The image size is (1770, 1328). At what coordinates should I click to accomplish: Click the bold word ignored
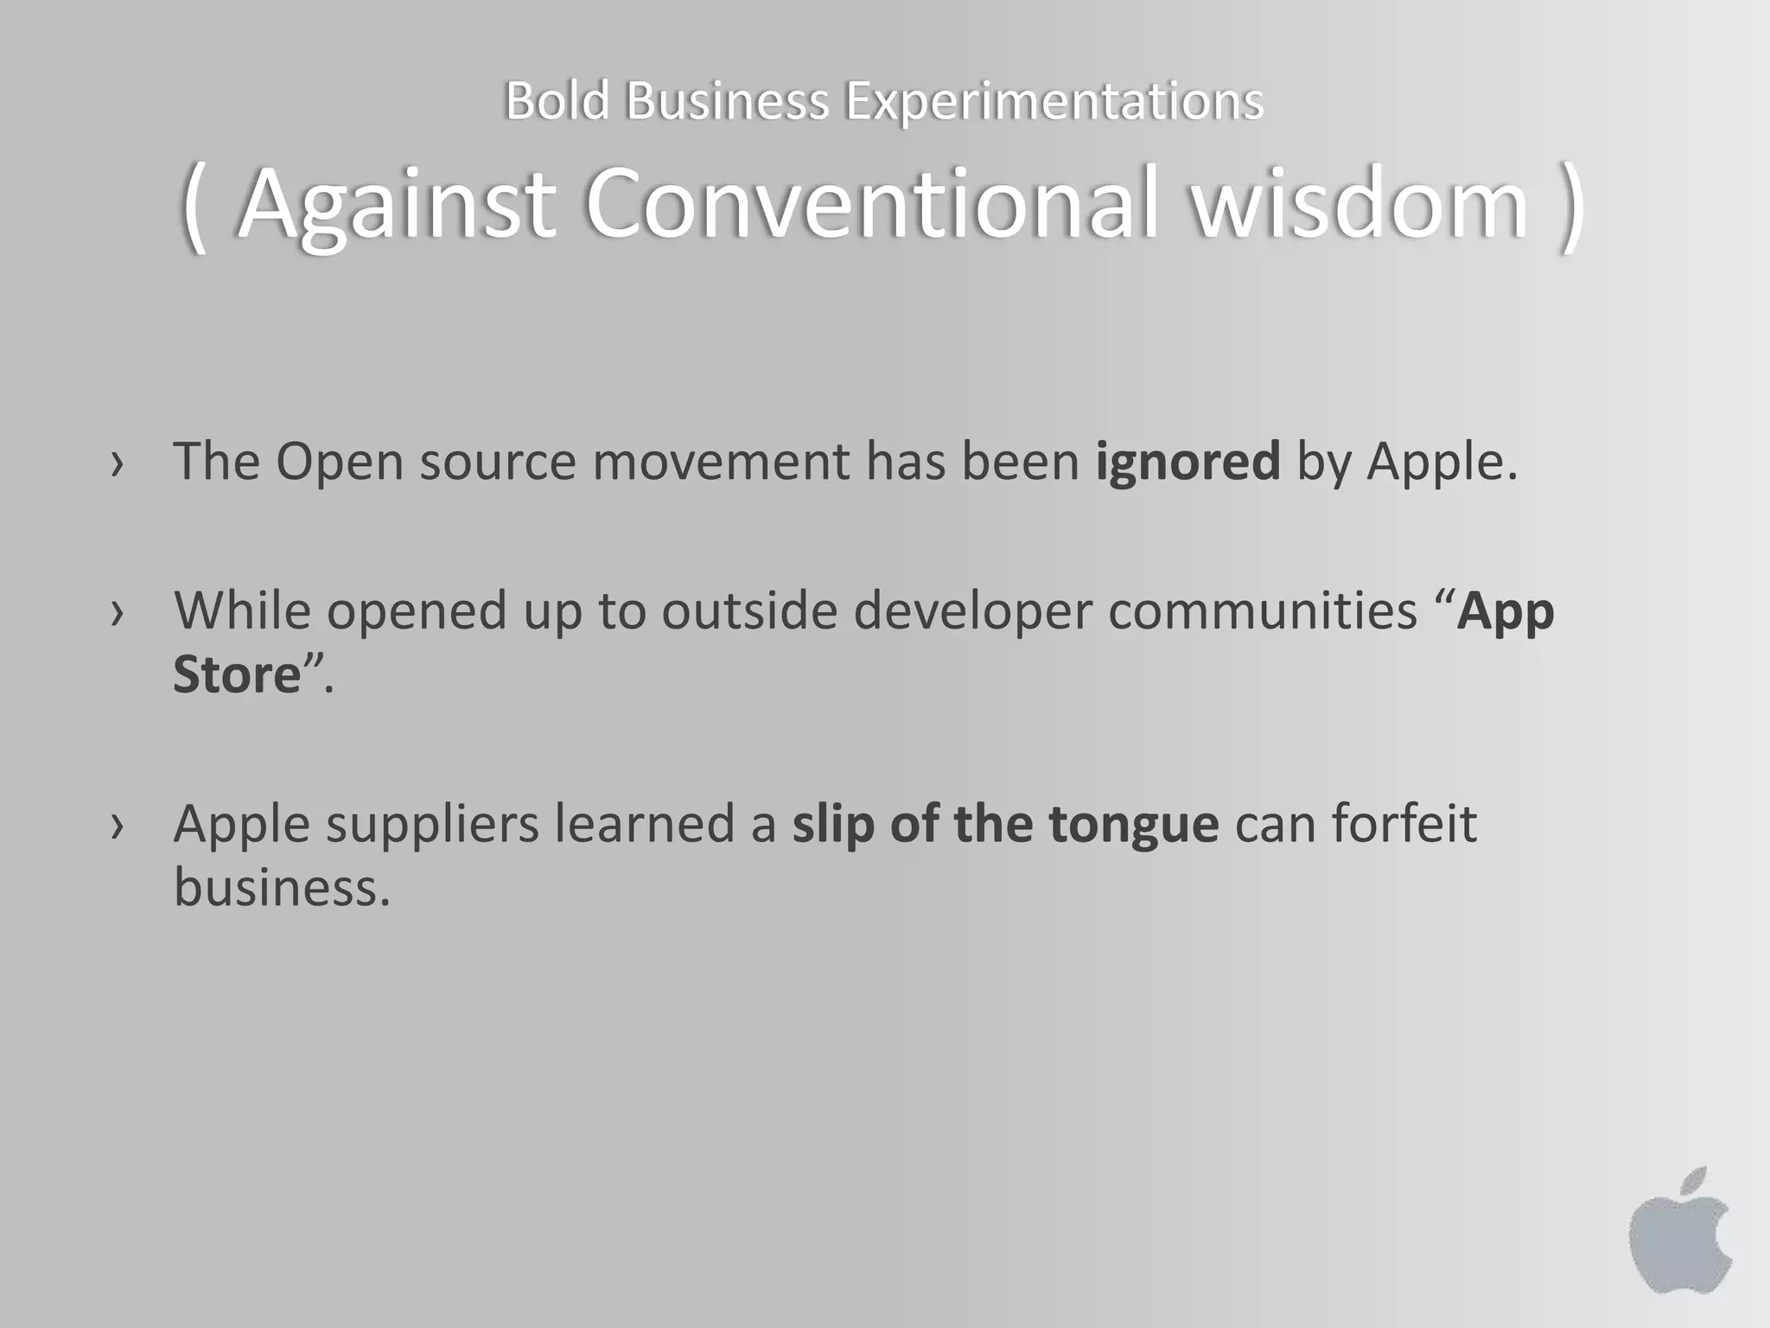click(x=1187, y=461)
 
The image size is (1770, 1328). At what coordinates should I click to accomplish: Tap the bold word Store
click(x=237, y=674)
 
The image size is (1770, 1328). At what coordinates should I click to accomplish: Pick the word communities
click(x=1263, y=610)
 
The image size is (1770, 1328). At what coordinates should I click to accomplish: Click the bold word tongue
click(x=1133, y=823)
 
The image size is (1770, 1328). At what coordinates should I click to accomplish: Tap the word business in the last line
click(x=282, y=888)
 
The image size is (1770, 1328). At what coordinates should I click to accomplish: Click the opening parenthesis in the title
click(x=194, y=207)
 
